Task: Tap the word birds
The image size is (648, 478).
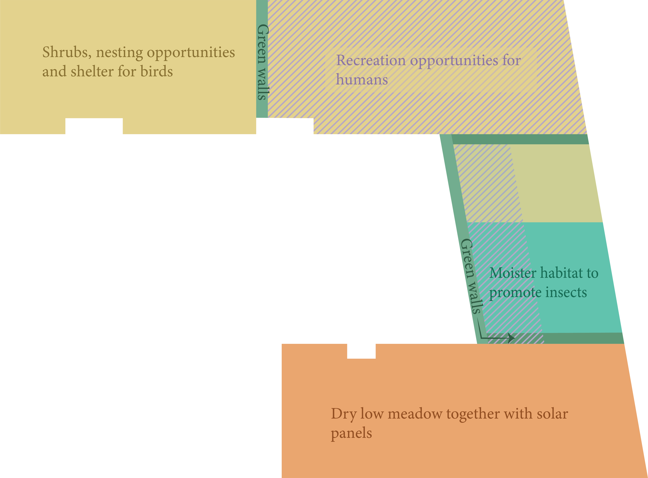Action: (156, 71)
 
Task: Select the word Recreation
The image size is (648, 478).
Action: (370, 61)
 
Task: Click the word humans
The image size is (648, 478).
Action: (362, 79)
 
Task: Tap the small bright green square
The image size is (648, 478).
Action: (310, 138)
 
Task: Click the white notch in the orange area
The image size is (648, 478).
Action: (361, 351)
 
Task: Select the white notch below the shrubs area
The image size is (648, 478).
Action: (94, 126)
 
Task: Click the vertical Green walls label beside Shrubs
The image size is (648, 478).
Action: (263, 62)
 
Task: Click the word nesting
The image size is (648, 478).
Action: (119, 52)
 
